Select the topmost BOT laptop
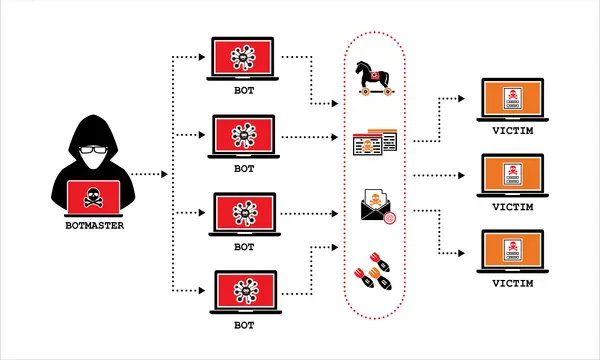pyautogui.click(x=244, y=62)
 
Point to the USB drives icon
pyautogui.click(x=374, y=273)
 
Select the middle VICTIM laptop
pyautogui.click(x=514, y=177)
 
